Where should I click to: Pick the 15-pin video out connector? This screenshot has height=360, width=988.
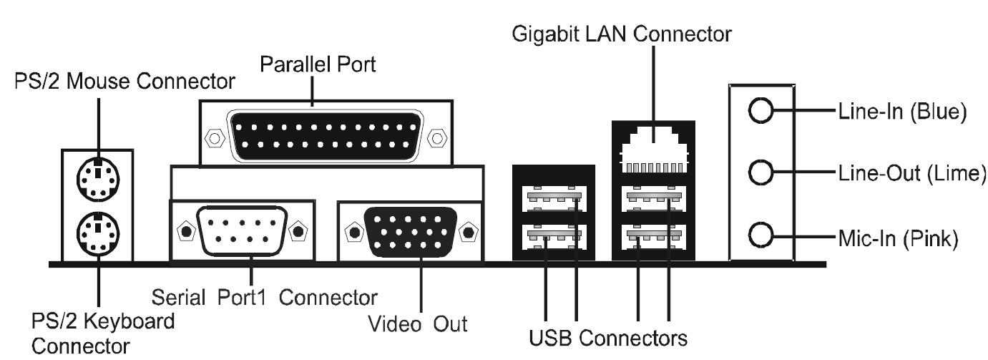pyautogui.click(x=411, y=231)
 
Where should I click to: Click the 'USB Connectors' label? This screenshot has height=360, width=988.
pyautogui.click(x=609, y=336)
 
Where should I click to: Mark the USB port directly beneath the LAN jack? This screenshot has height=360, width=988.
pyautogui.click(x=654, y=197)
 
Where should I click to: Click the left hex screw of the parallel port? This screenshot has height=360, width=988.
pyautogui.click(x=212, y=135)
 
